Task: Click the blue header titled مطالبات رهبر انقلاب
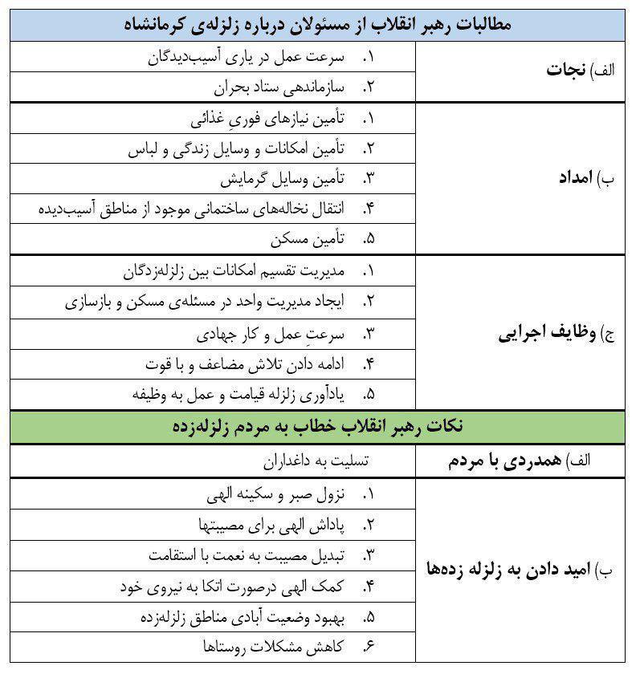(x=319, y=24)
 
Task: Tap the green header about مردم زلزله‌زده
(x=319, y=426)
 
